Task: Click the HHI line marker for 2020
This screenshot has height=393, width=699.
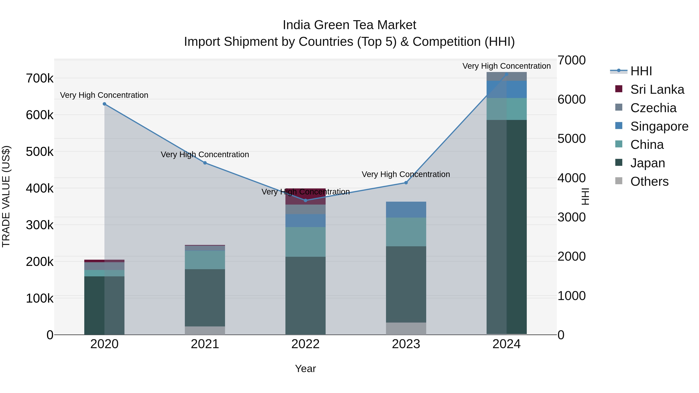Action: (104, 104)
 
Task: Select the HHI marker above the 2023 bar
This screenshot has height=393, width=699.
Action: (406, 183)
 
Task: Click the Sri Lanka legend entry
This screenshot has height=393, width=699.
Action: (657, 89)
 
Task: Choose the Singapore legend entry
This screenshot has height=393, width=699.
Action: (659, 126)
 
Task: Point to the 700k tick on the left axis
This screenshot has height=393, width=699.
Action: (40, 78)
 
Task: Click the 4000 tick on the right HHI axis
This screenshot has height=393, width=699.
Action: (571, 178)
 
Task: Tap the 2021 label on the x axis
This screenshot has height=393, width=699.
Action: (205, 344)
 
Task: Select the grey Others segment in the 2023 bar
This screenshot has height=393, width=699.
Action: (406, 328)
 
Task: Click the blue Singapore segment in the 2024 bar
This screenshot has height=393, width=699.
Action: (506, 89)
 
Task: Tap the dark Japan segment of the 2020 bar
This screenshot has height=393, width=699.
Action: (104, 305)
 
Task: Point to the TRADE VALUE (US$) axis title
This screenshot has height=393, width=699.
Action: (6, 196)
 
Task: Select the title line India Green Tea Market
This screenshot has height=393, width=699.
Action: (349, 25)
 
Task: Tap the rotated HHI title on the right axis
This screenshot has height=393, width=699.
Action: (585, 196)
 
